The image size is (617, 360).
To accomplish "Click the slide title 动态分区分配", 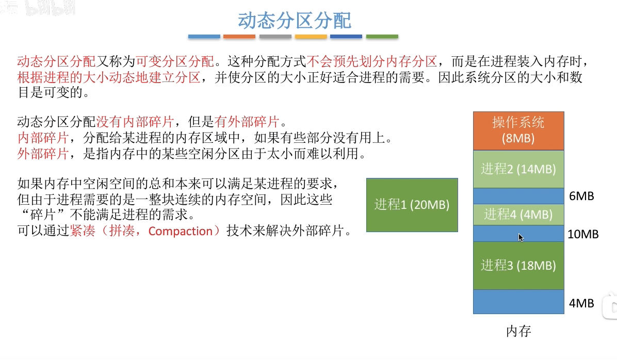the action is (295, 21).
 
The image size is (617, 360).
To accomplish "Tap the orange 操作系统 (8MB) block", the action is (518, 130).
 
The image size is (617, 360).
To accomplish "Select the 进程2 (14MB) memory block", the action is (518, 169).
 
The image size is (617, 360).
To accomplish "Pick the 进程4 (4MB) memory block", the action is (518, 215).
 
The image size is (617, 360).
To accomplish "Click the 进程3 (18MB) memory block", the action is (518, 266).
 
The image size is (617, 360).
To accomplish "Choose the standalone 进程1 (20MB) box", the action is (412, 205).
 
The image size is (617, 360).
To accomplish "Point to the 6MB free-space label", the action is (581, 196).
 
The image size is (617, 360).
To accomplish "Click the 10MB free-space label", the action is (583, 234).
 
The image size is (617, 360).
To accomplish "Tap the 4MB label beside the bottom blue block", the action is (581, 303).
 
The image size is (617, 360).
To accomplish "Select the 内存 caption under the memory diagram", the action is (518, 331).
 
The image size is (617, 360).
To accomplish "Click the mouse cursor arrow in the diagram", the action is (521, 237).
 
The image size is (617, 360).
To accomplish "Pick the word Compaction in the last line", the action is (180, 231).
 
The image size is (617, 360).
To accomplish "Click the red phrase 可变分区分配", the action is (175, 61).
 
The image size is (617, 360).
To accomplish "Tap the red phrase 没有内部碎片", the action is (135, 122).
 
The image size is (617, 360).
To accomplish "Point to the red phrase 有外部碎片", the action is (247, 122).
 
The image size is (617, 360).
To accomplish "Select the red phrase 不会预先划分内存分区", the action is (372, 61).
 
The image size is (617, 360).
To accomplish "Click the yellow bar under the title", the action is (311, 37).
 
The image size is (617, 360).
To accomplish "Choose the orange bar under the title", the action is (239, 37).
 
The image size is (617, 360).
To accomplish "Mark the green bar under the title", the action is (382, 37).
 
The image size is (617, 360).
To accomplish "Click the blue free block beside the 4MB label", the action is (518, 302).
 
